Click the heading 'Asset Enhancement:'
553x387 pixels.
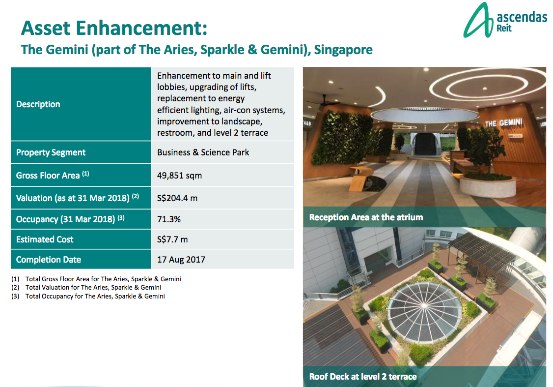point(114,28)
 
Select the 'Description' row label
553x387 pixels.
point(38,104)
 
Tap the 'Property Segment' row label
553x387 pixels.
point(51,152)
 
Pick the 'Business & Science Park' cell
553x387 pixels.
point(203,152)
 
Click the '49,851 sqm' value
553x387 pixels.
point(179,176)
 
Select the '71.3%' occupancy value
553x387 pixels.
point(169,219)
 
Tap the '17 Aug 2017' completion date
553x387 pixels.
point(181,260)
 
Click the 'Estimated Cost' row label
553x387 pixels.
point(45,239)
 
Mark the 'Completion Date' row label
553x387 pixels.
point(49,260)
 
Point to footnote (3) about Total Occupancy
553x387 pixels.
point(95,296)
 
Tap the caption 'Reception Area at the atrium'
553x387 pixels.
point(366,217)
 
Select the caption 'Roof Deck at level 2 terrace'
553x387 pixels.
point(363,377)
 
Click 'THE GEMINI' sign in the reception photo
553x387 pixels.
point(503,123)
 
